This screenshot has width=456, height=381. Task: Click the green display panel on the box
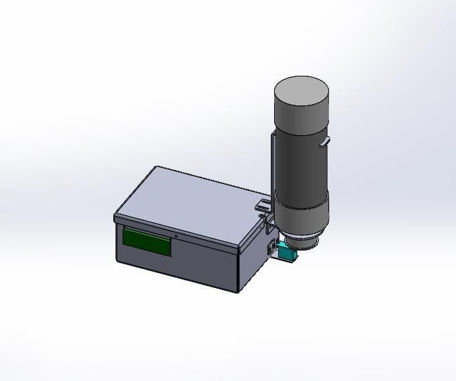pyautogui.click(x=147, y=241)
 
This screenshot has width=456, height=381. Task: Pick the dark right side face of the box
pyautogui.click(x=253, y=264)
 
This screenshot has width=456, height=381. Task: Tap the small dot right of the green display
pyautogui.click(x=176, y=236)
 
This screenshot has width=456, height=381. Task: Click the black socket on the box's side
pyautogui.click(x=270, y=248)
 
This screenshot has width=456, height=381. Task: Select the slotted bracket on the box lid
pyautogui.click(x=263, y=206)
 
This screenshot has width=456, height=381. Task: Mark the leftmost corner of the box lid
pyautogui.click(x=115, y=216)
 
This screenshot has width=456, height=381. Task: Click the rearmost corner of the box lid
pyautogui.click(x=157, y=166)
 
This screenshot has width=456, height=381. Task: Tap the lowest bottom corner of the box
pyautogui.click(x=239, y=293)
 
